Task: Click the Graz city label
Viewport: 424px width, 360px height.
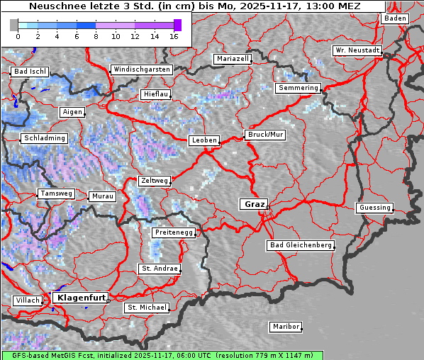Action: click(254, 204)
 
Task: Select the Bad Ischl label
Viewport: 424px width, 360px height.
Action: click(30, 72)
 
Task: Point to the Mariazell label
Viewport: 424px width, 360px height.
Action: click(233, 59)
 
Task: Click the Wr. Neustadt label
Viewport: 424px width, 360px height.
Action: click(357, 51)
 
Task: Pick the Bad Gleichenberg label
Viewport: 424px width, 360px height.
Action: click(300, 245)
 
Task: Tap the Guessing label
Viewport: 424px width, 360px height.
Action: click(374, 208)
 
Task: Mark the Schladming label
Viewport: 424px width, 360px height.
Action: click(44, 138)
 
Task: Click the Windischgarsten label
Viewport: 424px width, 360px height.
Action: click(141, 69)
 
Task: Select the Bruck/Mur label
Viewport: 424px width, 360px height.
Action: click(264, 135)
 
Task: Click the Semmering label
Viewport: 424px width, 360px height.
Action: click(298, 88)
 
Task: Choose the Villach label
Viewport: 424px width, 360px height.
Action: click(28, 300)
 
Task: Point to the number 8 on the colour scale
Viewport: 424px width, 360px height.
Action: click(96, 36)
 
